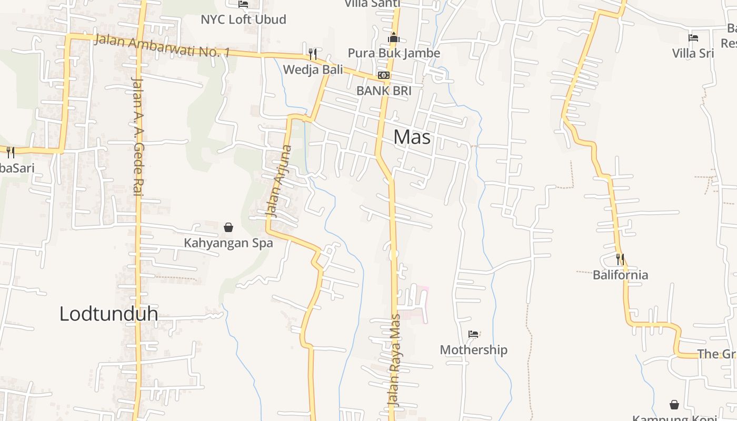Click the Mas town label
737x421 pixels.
(412, 137)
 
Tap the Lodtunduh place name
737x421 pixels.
(108, 314)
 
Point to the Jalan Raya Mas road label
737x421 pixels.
(394, 360)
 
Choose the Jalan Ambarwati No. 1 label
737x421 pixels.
(162, 46)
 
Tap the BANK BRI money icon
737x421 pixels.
(384, 75)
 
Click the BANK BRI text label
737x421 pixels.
(384, 91)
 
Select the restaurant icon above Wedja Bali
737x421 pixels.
(313, 54)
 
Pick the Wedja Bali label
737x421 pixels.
(313, 69)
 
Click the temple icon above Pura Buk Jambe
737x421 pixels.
(394, 37)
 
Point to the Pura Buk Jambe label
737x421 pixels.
(394, 53)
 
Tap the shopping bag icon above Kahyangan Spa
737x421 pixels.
(228, 227)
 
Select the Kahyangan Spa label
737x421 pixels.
(228, 243)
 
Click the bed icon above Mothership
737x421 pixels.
(473, 334)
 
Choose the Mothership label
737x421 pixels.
(473, 350)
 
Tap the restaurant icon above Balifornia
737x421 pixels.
(620, 259)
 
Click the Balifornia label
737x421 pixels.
(620, 275)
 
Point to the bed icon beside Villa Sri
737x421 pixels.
(693, 38)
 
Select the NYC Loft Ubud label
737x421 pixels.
(243, 19)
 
